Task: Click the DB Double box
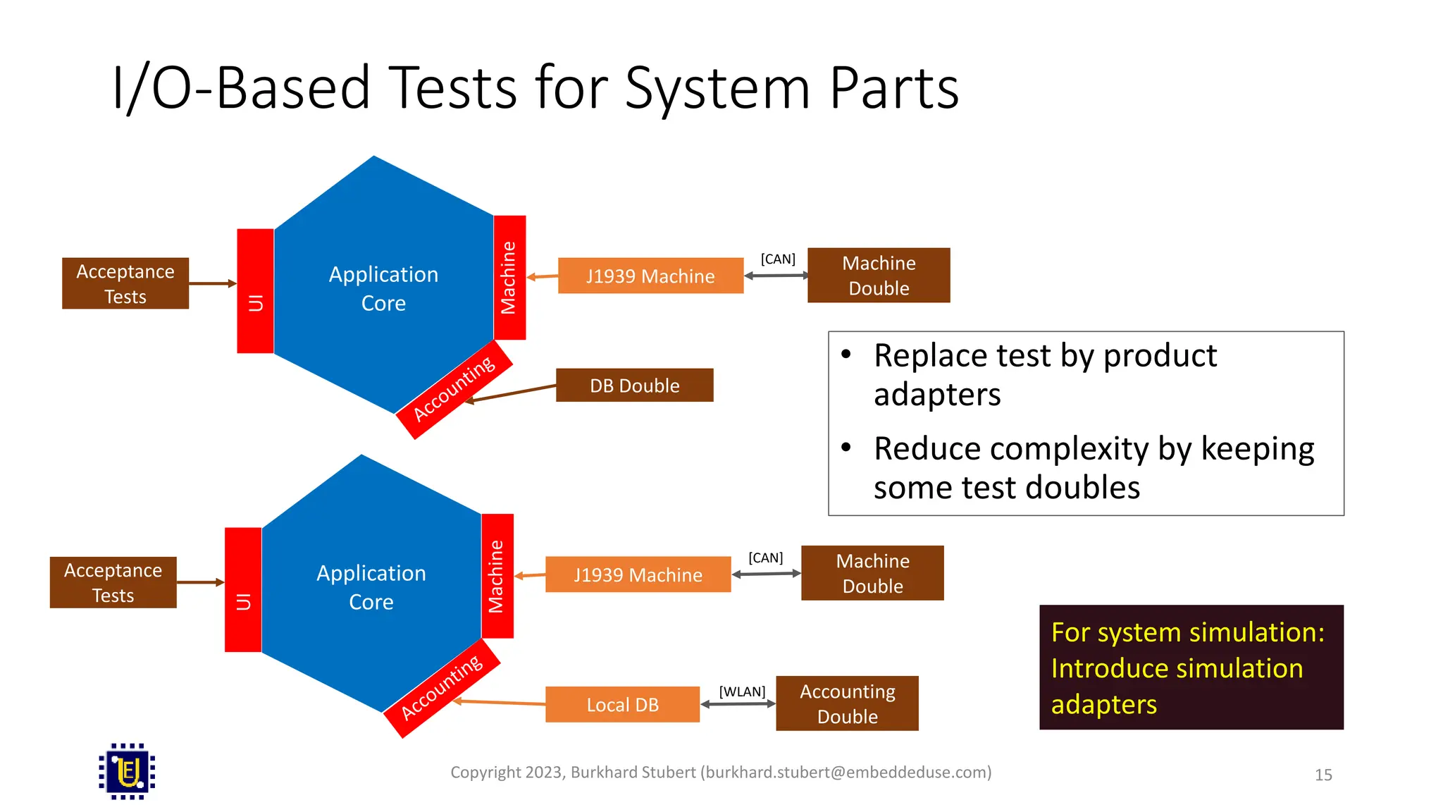634,385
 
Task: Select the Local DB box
622,704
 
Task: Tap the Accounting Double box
847,703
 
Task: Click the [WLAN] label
742,691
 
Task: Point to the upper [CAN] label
778,259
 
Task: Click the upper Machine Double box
878,275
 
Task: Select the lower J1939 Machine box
638,574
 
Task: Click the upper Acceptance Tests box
125,283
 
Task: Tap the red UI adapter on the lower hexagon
243,590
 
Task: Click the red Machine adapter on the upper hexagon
509,277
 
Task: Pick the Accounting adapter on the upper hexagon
454,390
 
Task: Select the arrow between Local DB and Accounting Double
738,704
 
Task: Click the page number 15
1323,775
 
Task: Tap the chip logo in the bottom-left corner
127,771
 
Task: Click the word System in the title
717,88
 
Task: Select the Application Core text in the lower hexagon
371,587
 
